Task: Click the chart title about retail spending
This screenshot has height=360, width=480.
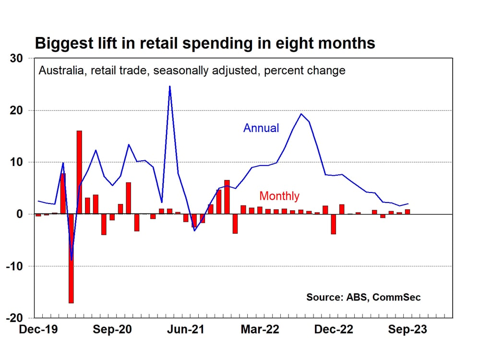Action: pos(205,43)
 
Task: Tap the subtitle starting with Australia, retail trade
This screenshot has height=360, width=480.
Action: pos(192,71)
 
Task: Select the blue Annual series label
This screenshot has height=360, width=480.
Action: pos(261,128)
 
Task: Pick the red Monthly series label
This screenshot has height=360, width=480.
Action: pos(279,196)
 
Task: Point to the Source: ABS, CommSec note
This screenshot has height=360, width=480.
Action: pos(363,297)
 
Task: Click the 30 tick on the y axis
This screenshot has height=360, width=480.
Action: pos(16,59)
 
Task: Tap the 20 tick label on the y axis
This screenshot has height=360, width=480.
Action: pos(16,110)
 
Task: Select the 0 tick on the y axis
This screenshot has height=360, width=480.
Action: pos(20,214)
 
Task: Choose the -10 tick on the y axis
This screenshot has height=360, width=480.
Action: pos(14,266)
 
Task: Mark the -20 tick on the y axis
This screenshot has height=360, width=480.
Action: pos(14,318)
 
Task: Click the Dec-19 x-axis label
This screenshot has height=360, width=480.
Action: pos(38,329)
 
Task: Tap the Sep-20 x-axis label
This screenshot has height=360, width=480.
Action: pos(112,329)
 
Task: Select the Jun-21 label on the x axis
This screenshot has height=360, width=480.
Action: pos(185,329)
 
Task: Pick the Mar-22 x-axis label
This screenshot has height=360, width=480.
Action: pos(260,329)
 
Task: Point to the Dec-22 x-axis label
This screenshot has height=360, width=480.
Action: pos(334,329)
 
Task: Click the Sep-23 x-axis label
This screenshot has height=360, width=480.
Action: pos(408,329)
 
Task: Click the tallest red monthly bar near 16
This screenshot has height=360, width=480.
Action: pos(79,172)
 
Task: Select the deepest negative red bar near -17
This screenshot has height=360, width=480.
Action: pos(71,259)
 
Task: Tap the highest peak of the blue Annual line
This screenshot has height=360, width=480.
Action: pos(170,86)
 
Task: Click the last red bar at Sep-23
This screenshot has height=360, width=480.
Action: pos(408,212)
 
